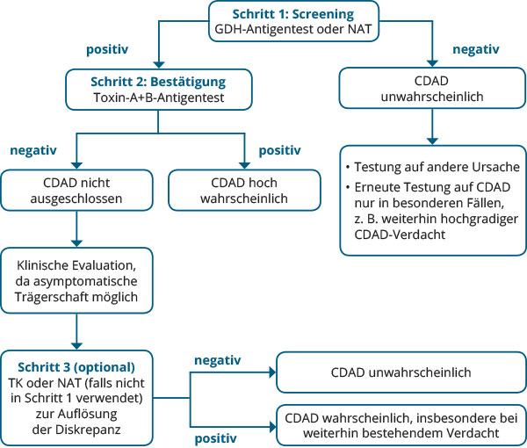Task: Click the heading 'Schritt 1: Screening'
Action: (293, 14)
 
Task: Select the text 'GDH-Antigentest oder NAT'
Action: (293, 29)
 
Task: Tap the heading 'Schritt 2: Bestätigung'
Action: (158, 82)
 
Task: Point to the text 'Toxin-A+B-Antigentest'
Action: (159, 98)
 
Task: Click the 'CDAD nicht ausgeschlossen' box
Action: (76, 191)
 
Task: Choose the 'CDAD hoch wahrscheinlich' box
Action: (244, 191)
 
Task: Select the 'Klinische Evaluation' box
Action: (76, 280)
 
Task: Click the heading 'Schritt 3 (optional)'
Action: (76, 367)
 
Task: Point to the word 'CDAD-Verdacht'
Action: (400, 235)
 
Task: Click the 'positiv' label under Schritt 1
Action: (107, 50)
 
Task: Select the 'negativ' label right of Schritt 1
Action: (476, 49)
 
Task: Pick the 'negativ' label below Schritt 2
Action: (33, 150)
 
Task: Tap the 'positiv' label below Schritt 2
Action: (279, 150)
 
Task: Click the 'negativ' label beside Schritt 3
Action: (218, 360)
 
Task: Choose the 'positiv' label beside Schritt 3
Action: (216, 438)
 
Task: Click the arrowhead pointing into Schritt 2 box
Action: (159, 65)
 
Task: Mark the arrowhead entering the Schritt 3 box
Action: (76, 346)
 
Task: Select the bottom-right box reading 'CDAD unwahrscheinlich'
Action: (401, 372)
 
